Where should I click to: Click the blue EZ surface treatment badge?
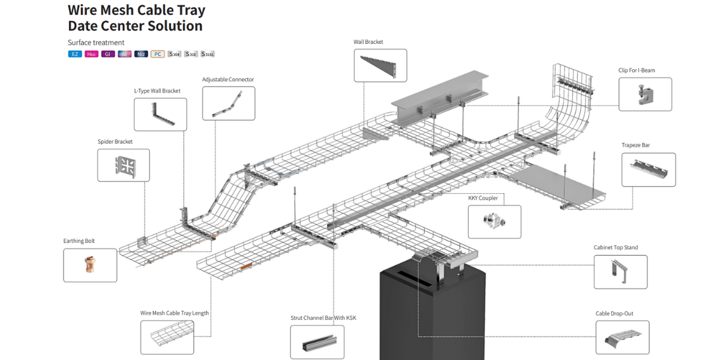75,54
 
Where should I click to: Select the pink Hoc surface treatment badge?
91,54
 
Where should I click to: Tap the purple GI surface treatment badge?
108,54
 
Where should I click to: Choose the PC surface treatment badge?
158,54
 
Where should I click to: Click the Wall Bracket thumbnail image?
380,65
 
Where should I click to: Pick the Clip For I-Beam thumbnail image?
645,94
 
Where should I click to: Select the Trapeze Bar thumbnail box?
649,170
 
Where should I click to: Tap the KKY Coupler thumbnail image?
494,221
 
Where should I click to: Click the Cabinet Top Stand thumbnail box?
620,272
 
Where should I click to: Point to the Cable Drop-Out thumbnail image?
622,337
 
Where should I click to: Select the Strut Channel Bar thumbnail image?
317,342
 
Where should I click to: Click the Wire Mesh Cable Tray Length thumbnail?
167,337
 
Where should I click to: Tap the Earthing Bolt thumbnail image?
90,265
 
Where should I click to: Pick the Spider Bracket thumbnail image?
124,165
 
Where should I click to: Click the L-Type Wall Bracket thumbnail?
160,115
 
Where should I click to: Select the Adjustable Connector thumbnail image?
229,103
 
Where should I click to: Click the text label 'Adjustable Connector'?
228,79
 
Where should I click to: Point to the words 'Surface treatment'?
96,43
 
